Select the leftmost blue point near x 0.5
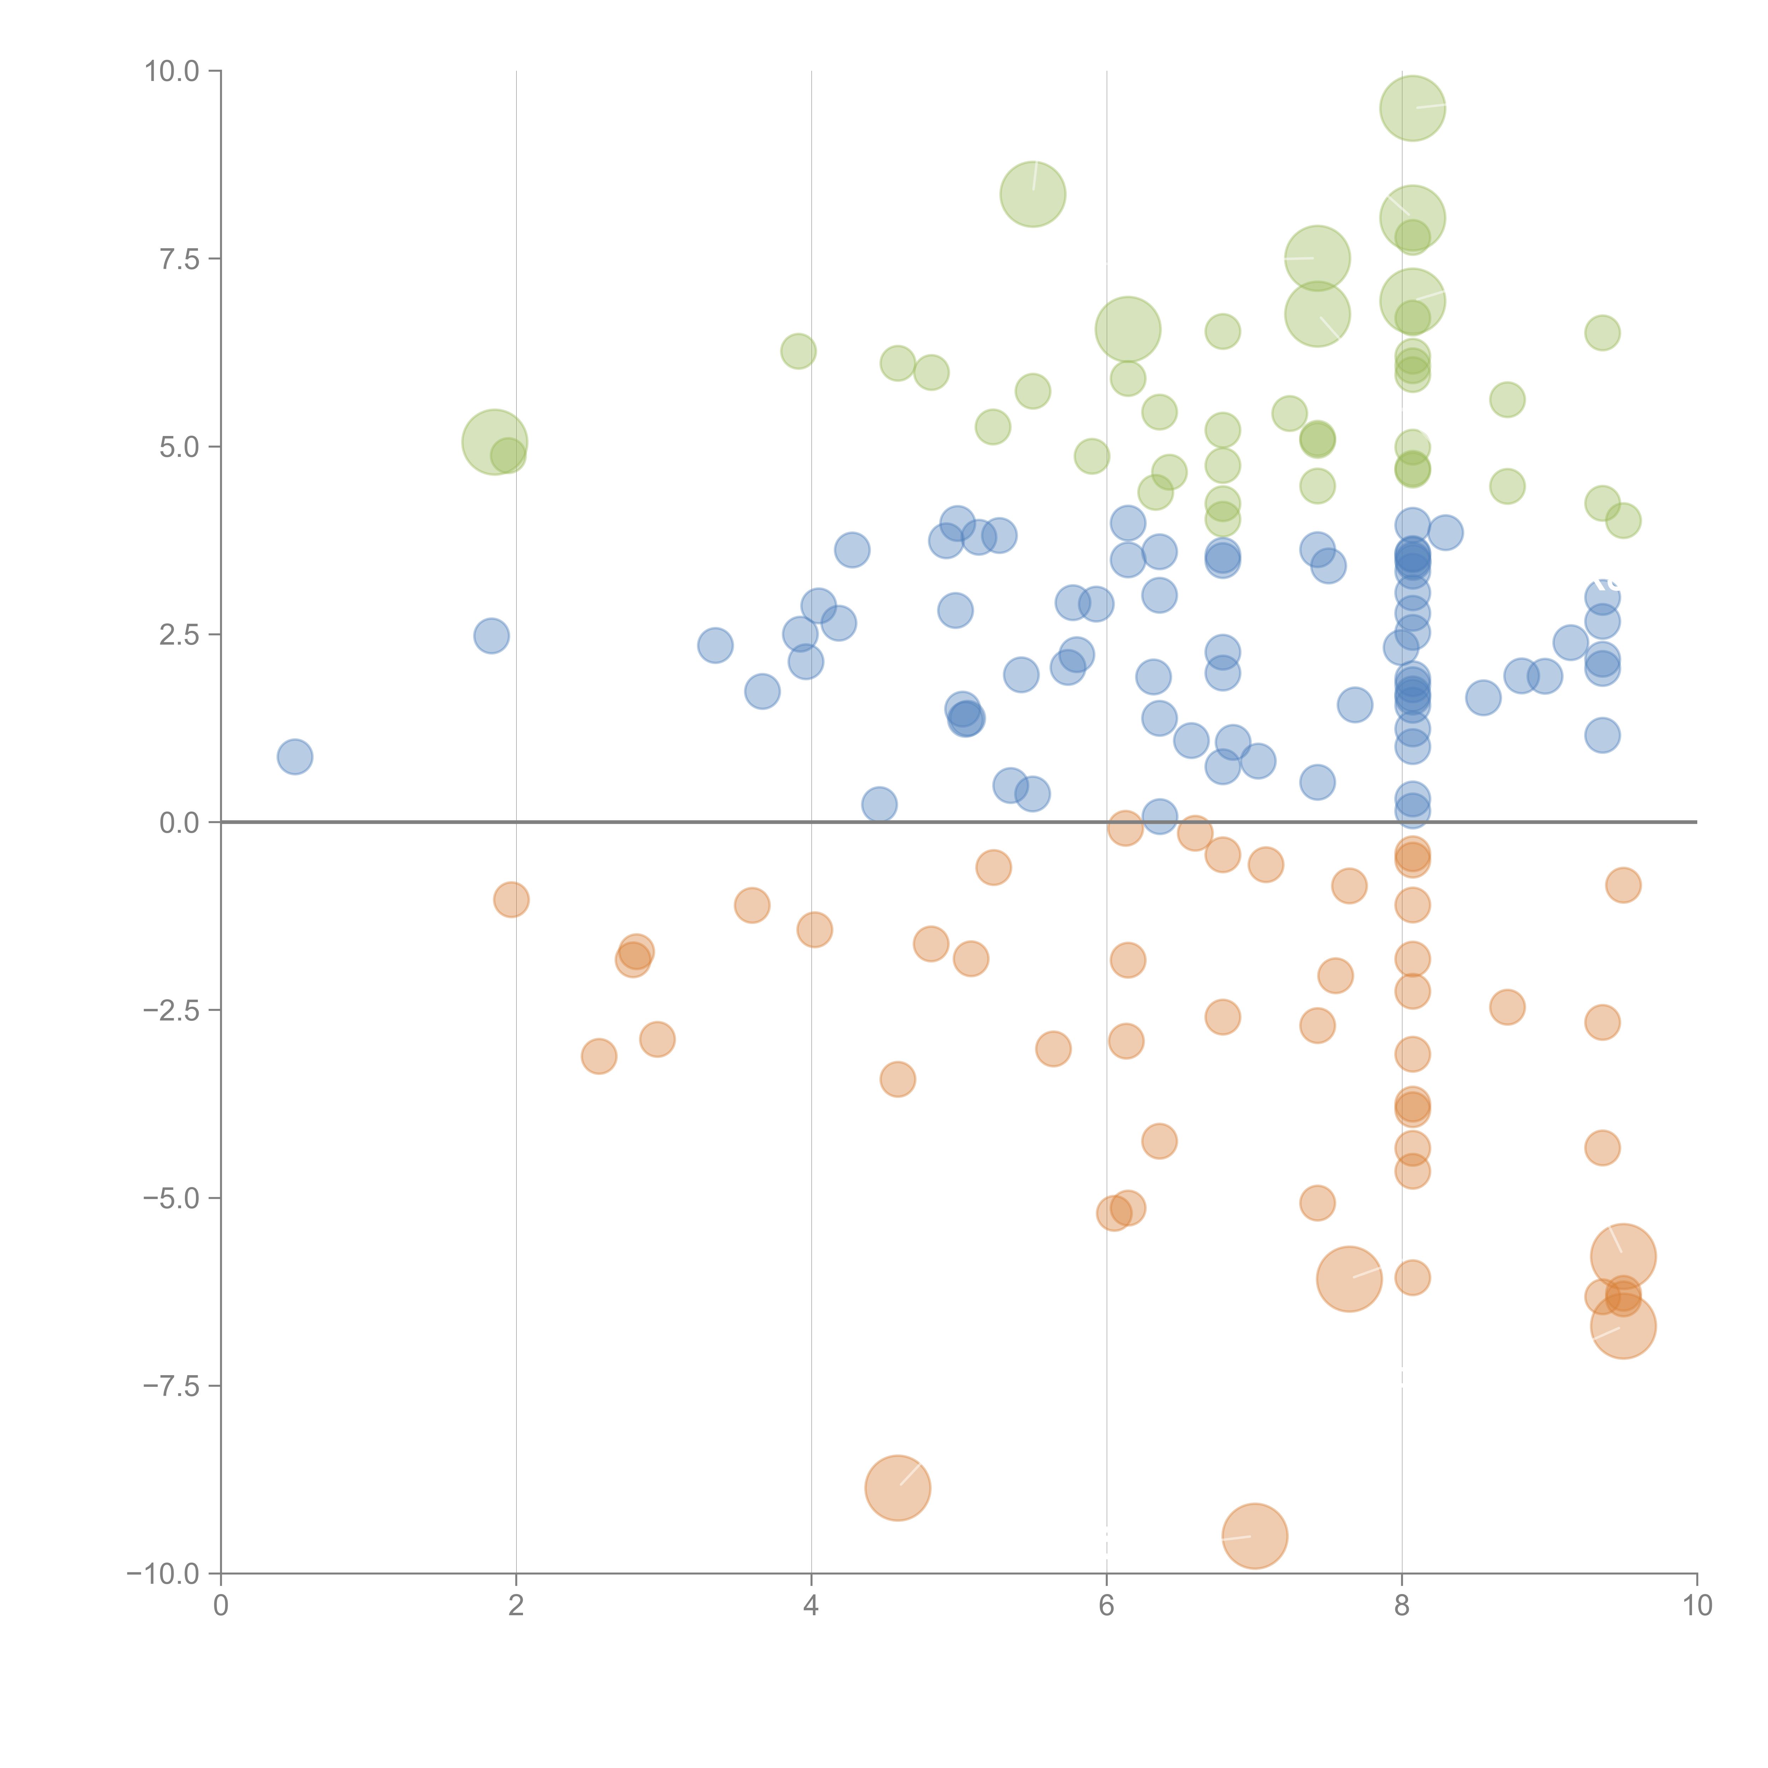tap(295, 757)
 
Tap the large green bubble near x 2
tap(494, 442)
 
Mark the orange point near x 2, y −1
tap(511, 900)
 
